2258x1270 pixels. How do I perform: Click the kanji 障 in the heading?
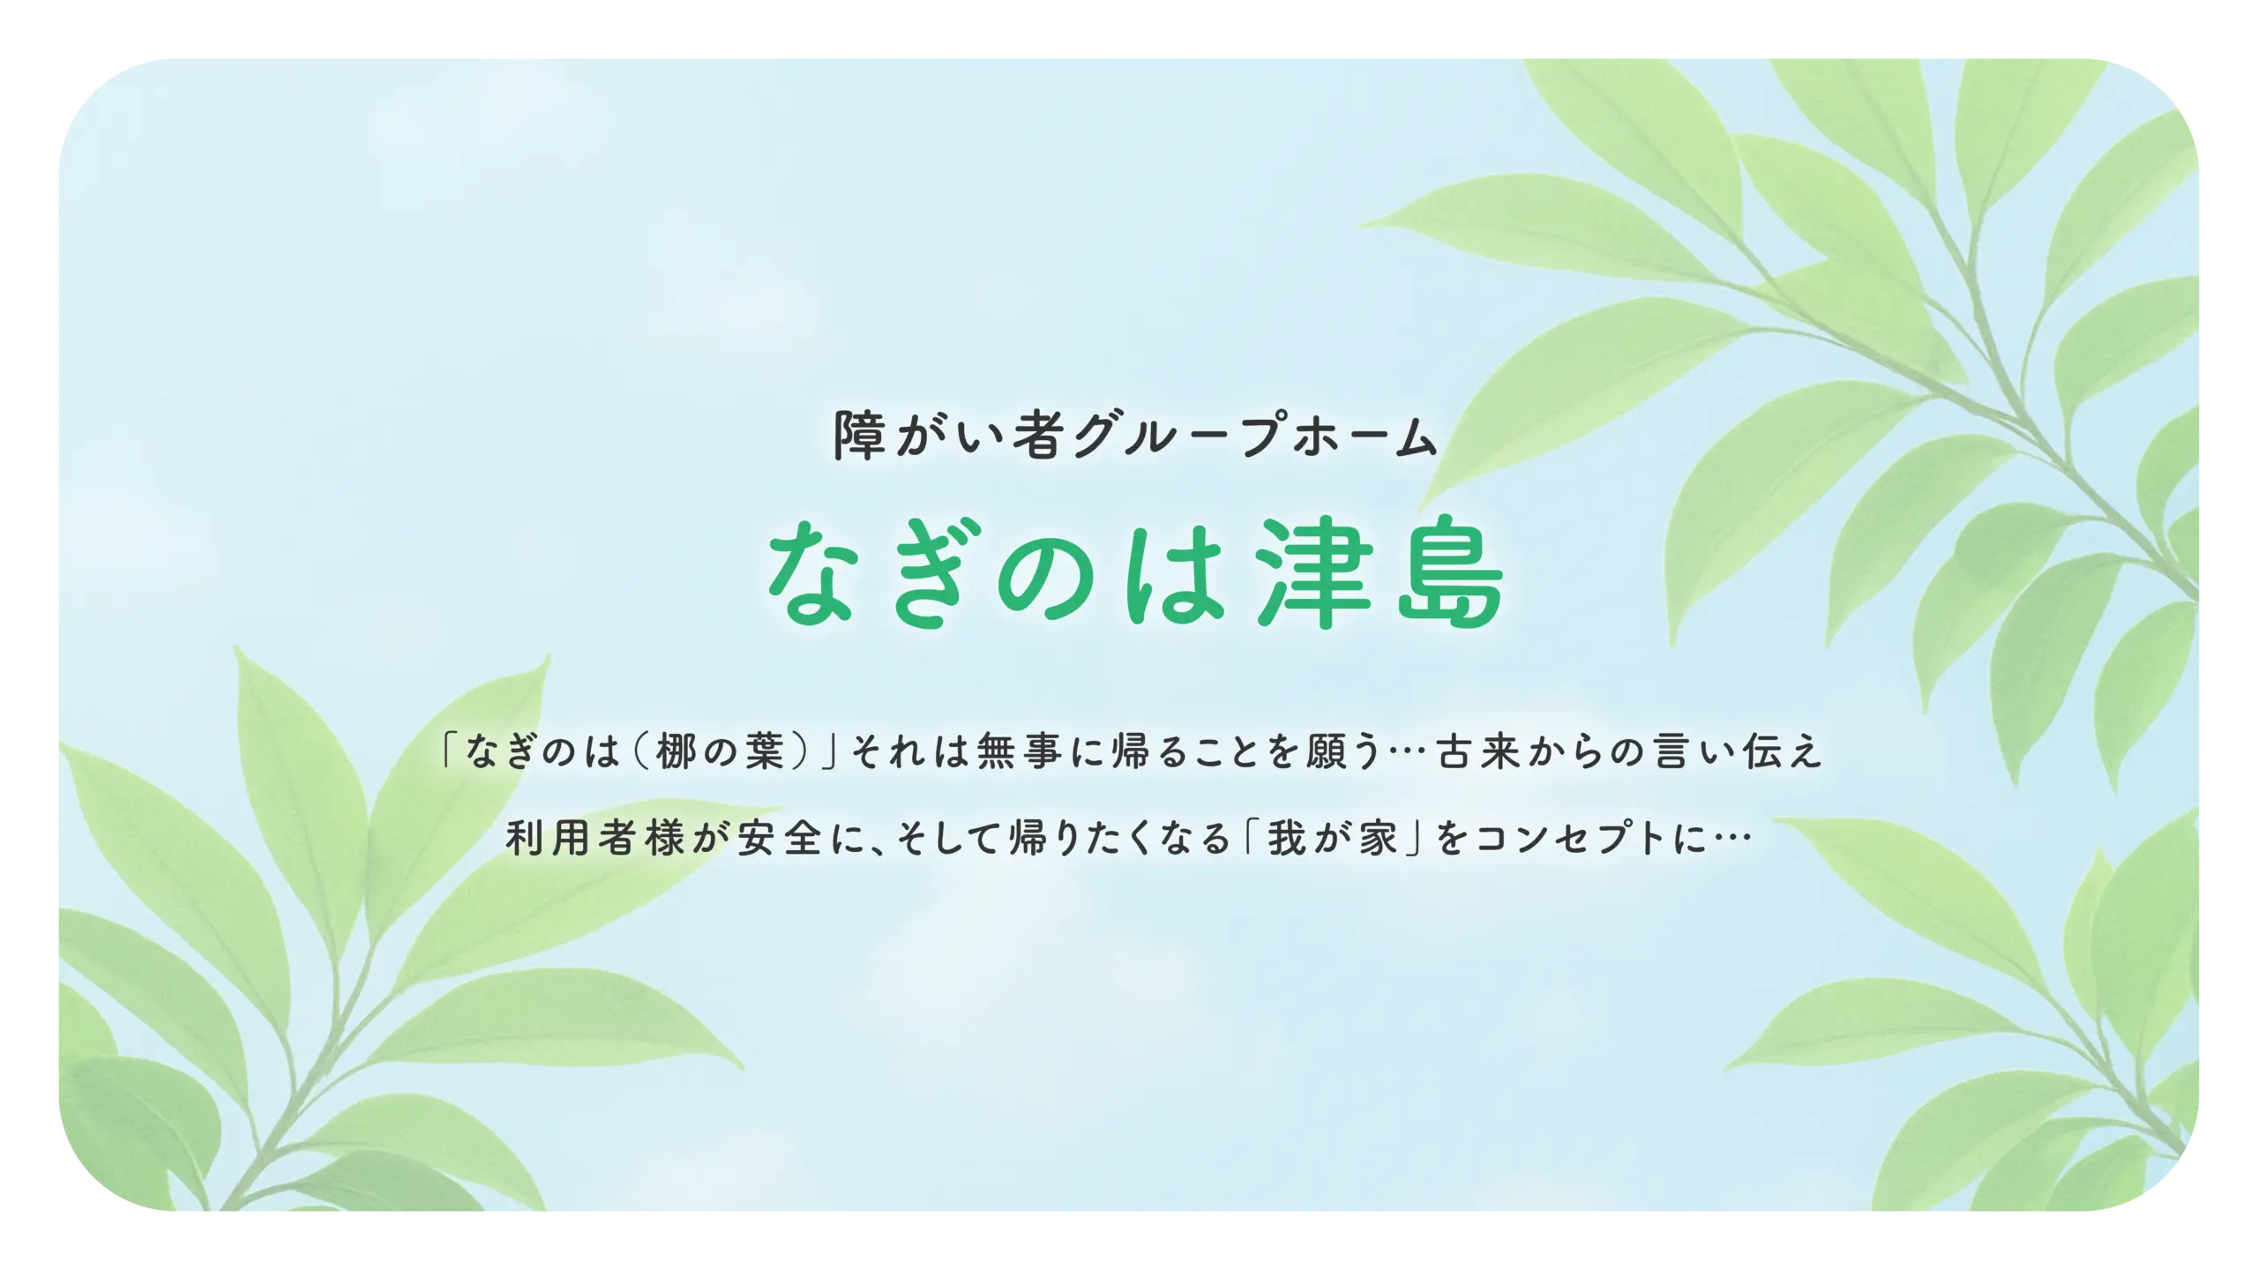click(x=860, y=434)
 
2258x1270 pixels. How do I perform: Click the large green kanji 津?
click(x=1315, y=573)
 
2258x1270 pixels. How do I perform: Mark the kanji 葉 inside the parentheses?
click(x=765, y=751)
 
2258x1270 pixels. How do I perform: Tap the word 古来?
click(x=1478, y=751)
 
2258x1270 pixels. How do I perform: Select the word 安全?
click(x=780, y=837)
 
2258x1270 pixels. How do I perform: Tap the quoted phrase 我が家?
click(x=1333, y=837)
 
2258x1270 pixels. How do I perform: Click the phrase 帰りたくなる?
click(x=1120, y=837)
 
